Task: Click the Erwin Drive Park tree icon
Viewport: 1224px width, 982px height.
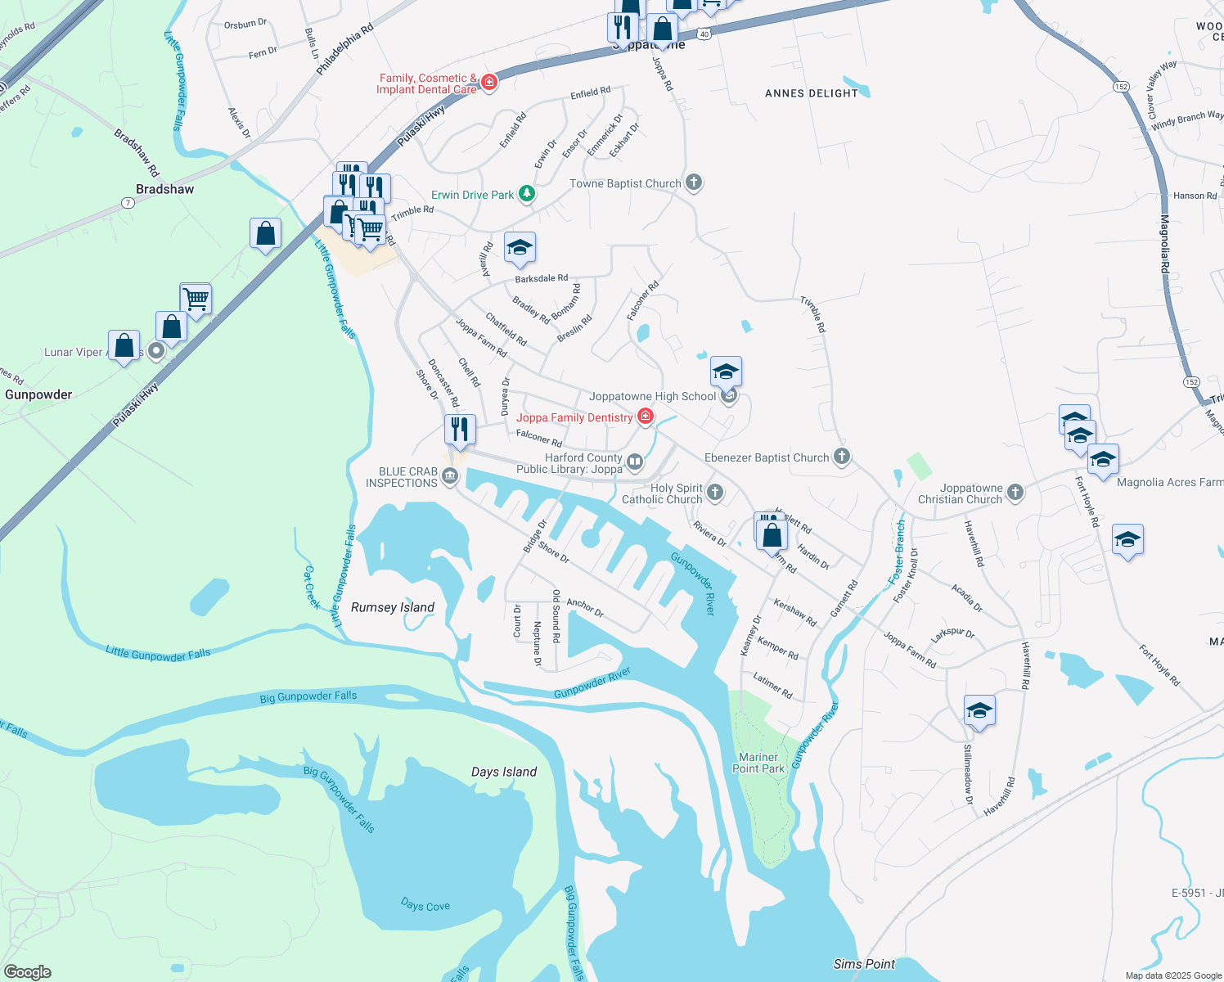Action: tap(528, 194)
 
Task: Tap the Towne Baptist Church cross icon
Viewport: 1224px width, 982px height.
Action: tap(694, 182)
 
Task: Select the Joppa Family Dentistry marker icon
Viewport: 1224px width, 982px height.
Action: tap(646, 417)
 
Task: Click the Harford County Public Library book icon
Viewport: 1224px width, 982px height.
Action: tap(635, 463)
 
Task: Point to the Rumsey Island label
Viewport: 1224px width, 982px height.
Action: tap(393, 607)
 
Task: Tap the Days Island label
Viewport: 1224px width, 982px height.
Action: tap(504, 772)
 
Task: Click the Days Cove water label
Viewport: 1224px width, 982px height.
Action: tap(425, 905)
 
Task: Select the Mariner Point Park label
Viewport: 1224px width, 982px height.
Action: tap(758, 763)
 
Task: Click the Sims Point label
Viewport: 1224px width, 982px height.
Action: tap(864, 964)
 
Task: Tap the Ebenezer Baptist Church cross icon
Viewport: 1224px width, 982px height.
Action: tap(842, 457)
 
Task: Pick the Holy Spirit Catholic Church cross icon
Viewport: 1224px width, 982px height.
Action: tap(715, 492)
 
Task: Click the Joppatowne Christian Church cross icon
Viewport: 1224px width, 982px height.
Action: tap(1015, 492)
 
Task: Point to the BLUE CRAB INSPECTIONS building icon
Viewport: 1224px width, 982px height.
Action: tap(450, 476)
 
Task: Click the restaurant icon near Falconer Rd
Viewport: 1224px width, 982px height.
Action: tap(460, 429)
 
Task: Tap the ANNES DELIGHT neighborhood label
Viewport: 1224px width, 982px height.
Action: tap(812, 93)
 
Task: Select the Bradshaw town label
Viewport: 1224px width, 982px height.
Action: tap(165, 189)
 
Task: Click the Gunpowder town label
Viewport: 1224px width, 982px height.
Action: tap(38, 394)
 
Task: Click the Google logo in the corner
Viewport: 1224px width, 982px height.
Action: tap(27, 971)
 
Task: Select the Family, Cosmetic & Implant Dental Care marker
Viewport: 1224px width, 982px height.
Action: tap(489, 82)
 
